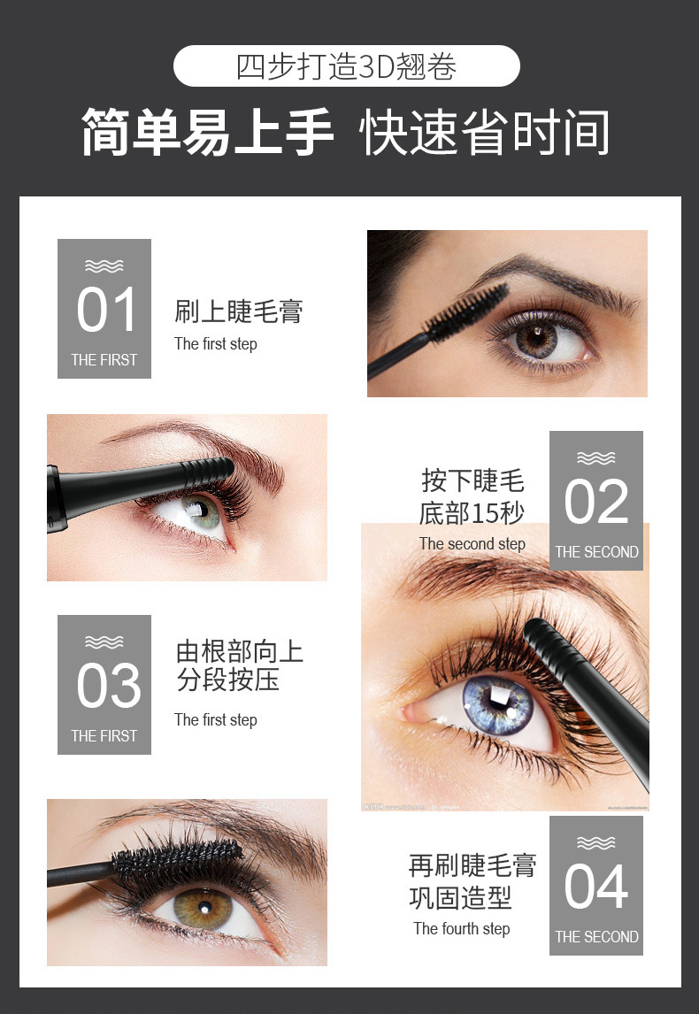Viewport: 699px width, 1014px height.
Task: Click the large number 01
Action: (106, 310)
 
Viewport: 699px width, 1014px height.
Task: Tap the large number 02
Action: (596, 502)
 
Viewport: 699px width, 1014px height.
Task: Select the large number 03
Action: (108, 686)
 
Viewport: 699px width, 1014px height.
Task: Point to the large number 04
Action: (595, 887)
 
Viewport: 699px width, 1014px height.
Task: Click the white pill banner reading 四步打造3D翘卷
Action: (347, 66)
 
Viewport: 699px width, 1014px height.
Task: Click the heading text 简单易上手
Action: (208, 133)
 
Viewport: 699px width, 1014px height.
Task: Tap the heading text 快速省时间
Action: (485, 133)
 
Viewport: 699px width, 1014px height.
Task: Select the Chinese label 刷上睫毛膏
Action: (239, 311)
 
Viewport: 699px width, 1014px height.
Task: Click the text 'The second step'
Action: (472, 544)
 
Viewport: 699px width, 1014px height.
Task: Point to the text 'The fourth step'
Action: (462, 929)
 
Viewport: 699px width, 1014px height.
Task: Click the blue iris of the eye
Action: (497, 703)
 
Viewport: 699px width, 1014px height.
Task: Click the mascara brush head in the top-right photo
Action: (468, 312)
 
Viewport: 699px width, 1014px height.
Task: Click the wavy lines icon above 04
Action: (595, 842)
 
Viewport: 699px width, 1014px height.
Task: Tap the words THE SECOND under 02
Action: (596, 552)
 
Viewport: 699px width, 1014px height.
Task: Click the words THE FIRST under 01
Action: (104, 360)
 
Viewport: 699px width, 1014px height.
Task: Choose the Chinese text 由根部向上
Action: (239, 652)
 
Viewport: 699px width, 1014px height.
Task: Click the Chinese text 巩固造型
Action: (460, 898)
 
